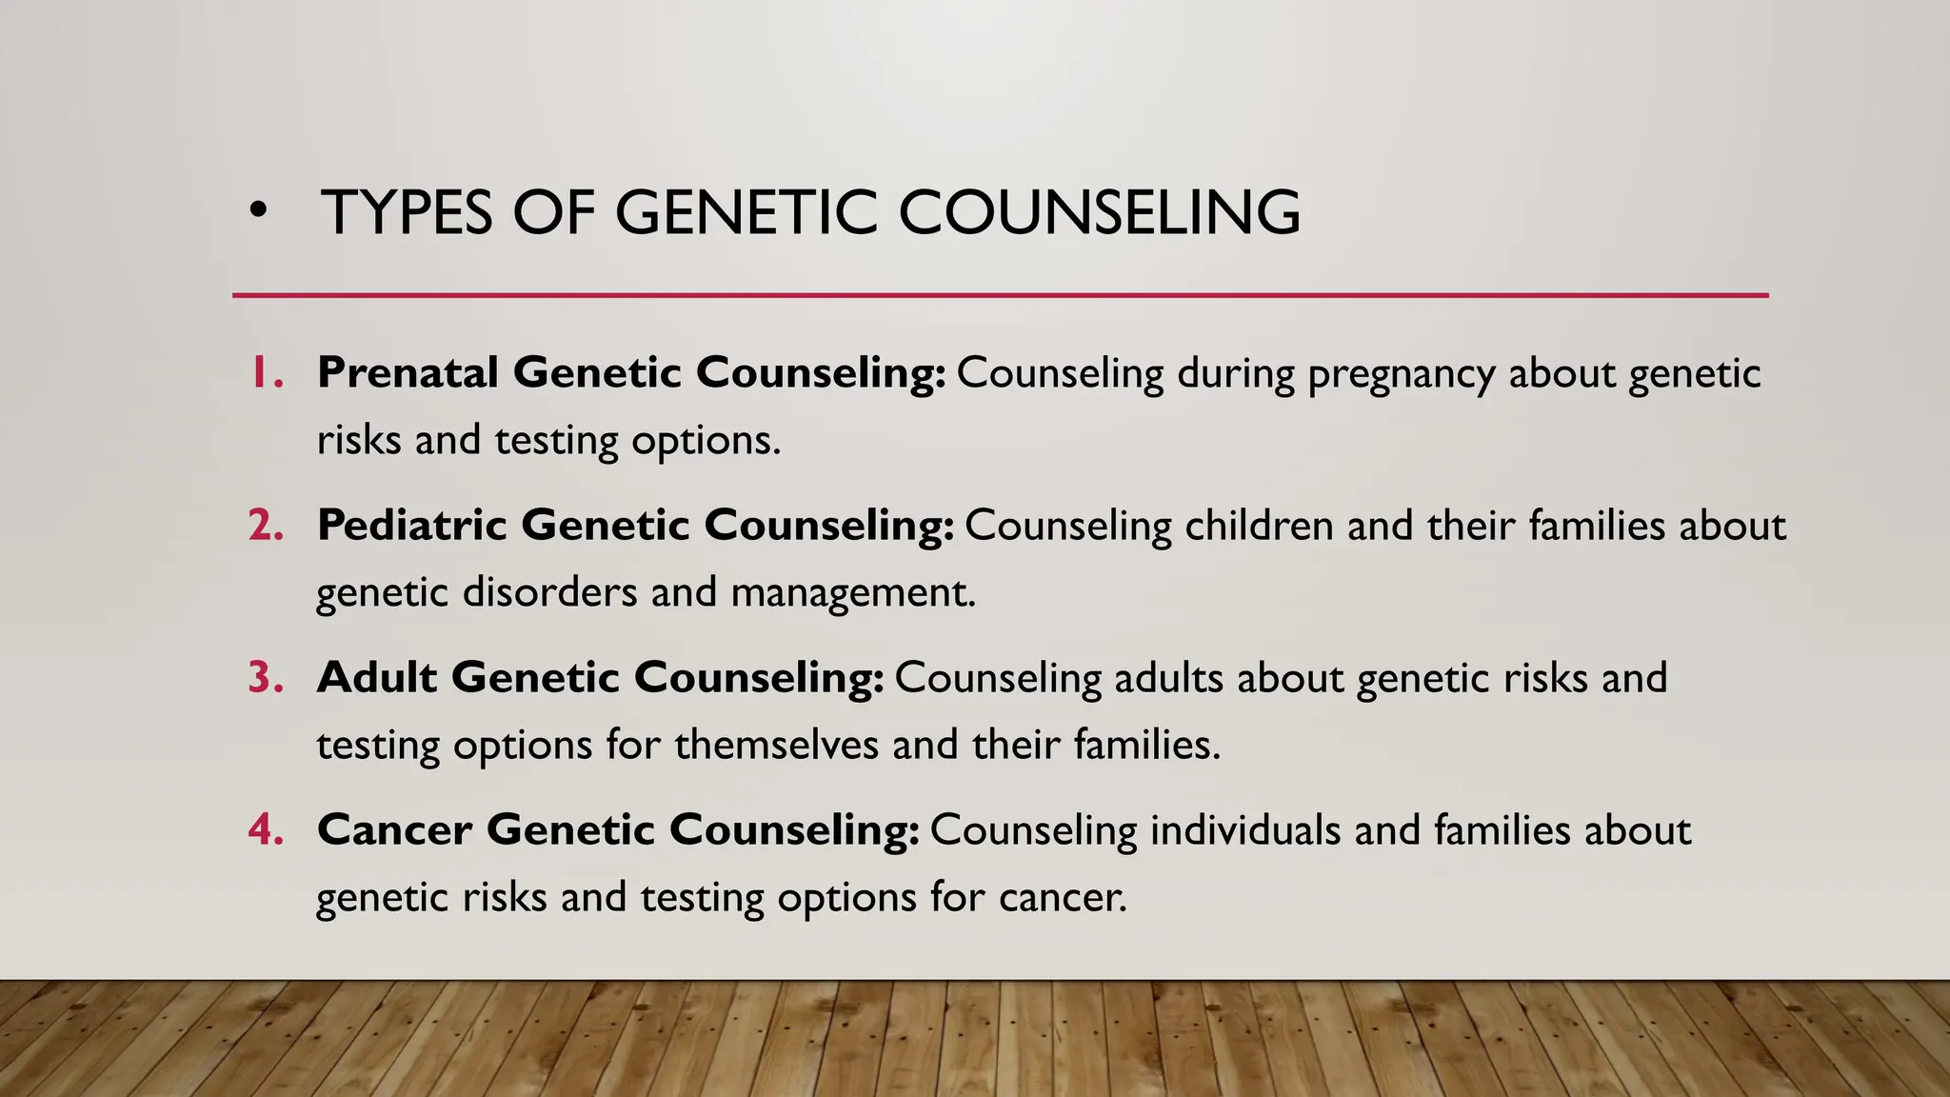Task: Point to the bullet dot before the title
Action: click(256, 213)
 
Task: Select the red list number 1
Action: click(267, 372)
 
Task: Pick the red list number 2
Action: click(267, 525)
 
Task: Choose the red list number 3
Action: click(267, 677)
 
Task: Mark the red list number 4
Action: click(267, 829)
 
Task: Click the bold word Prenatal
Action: click(408, 372)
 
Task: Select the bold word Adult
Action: click(377, 677)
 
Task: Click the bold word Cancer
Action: click(394, 829)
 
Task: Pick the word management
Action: click(853, 593)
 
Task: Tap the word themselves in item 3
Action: click(776, 745)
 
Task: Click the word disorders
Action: click(549, 592)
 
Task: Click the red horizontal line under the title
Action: click(1000, 295)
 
